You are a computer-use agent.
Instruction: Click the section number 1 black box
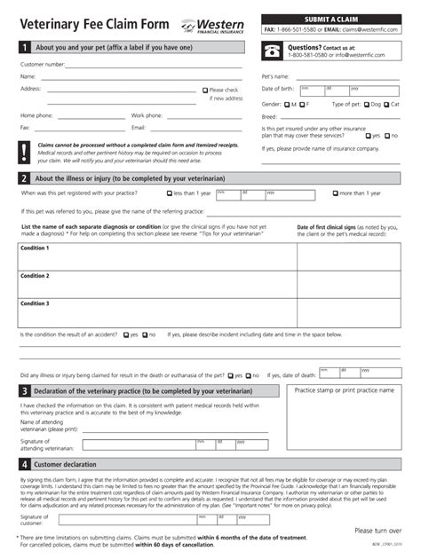point(24,47)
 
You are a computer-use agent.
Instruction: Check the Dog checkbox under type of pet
point(366,104)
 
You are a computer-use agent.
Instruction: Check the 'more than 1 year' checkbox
point(335,193)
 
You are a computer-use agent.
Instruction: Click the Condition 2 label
point(35,276)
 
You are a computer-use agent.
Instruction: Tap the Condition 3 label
point(35,303)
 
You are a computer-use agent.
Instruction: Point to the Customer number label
point(42,65)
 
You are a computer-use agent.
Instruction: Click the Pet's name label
point(275,76)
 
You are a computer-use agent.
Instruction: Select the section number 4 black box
point(24,464)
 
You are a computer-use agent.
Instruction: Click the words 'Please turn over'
point(377,530)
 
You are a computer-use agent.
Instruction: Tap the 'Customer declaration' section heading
point(65,464)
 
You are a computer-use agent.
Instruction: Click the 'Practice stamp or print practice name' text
point(344,390)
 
